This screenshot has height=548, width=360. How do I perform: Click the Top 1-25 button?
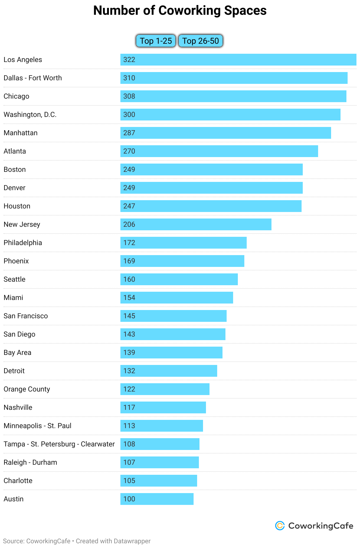[x=156, y=41]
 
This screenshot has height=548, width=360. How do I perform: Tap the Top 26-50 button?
[x=200, y=41]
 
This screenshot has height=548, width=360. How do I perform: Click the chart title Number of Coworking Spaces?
[x=180, y=11]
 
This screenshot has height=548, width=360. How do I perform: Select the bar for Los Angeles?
[x=238, y=60]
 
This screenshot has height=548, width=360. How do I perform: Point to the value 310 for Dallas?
[x=129, y=78]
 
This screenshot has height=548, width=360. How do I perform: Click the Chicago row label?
[x=17, y=96]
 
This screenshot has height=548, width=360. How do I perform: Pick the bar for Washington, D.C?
[x=230, y=115]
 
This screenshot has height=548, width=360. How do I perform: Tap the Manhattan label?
[x=21, y=133]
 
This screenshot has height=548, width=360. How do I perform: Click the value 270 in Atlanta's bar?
[x=129, y=151]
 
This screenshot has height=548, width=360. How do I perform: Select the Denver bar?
[x=211, y=188]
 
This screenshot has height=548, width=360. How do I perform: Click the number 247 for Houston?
[x=129, y=206]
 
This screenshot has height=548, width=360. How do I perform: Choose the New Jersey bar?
[x=196, y=224]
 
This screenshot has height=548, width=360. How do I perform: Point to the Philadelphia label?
[x=23, y=243]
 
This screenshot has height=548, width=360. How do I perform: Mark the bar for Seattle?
[x=179, y=279]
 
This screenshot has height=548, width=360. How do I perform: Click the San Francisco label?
[x=26, y=316]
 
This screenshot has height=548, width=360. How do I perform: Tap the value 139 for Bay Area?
[x=129, y=353]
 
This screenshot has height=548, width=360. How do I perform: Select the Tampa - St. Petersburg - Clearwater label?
[x=59, y=444]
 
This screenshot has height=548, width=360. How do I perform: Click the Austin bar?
[x=157, y=499]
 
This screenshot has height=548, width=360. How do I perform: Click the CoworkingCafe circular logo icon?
[x=280, y=526]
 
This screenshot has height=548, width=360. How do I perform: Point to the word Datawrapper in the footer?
[x=132, y=541]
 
